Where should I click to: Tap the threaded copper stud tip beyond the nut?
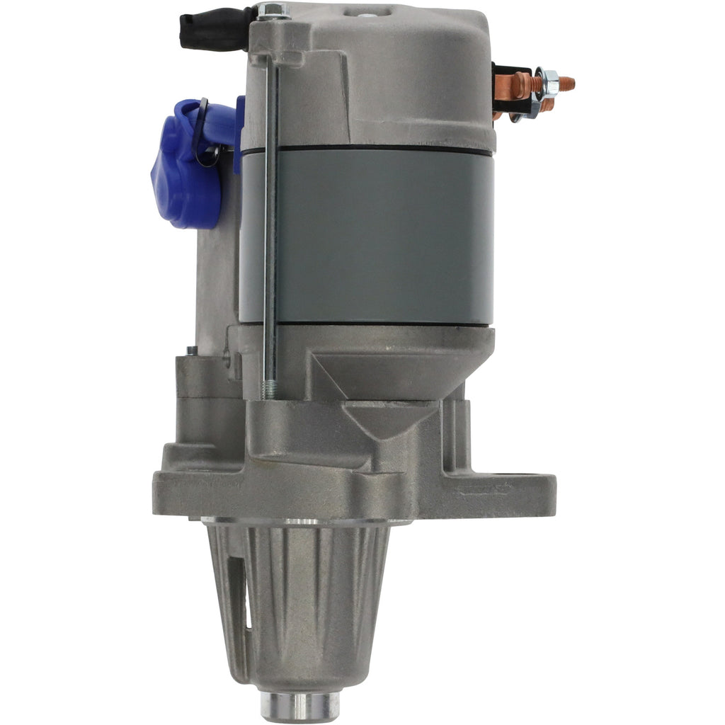(566, 84)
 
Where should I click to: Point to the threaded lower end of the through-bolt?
(270, 389)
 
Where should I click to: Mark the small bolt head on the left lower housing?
(191, 350)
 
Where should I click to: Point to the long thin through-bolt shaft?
(270, 212)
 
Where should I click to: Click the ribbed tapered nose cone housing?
(304, 602)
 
